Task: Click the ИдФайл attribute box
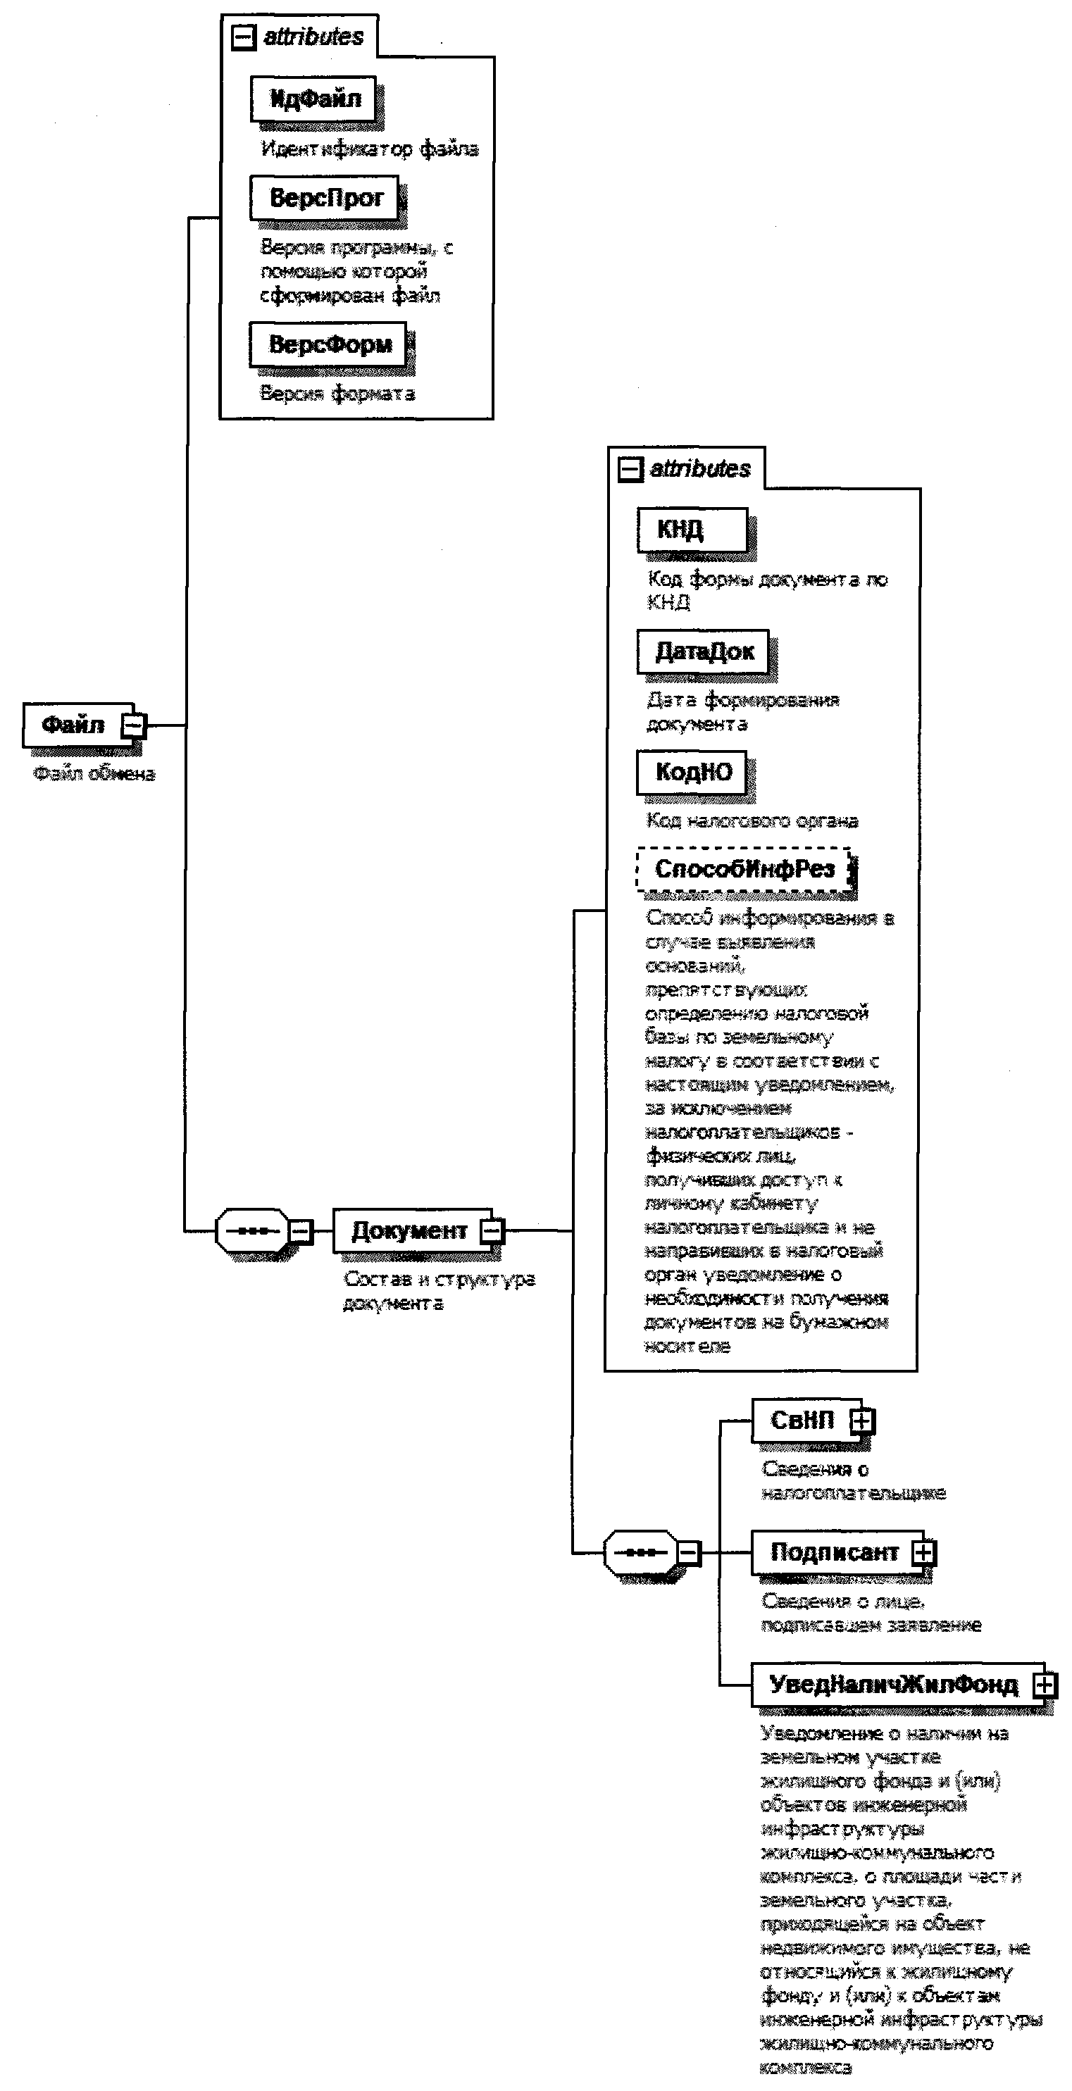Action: (314, 100)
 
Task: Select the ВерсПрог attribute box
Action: (325, 198)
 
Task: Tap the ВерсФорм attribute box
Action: (329, 345)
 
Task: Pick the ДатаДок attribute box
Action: (703, 652)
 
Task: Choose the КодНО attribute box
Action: (692, 772)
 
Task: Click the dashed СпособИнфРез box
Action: (743, 869)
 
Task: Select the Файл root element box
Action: (73, 725)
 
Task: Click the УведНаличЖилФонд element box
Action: (892, 1685)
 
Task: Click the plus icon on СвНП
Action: (862, 1421)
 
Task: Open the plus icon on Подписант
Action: (923, 1553)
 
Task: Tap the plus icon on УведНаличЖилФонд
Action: (1045, 1686)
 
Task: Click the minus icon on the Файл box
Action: (134, 725)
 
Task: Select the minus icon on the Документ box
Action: (492, 1231)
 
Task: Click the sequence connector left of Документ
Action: (253, 1231)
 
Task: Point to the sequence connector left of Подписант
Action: (641, 1553)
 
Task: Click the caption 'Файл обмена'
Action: (93, 773)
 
